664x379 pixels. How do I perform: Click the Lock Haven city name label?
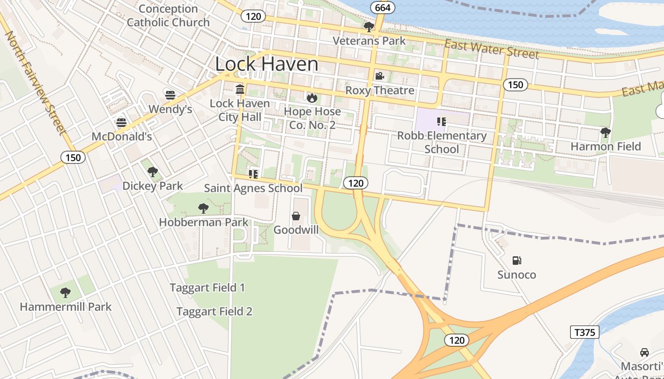pyautogui.click(x=267, y=64)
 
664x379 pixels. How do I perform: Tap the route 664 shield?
pyautogui.click(x=382, y=8)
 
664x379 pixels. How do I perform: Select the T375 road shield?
pyautogui.click(x=584, y=332)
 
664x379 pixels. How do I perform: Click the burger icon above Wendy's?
pyautogui.click(x=170, y=95)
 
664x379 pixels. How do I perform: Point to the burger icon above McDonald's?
pyautogui.click(x=121, y=123)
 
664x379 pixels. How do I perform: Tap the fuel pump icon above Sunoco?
pyautogui.click(x=516, y=260)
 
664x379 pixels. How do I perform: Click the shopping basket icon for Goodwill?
pyautogui.click(x=296, y=216)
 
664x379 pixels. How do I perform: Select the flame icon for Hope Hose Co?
pyautogui.click(x=312, y=98)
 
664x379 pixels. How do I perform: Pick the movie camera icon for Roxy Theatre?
pyautogui.click(x=379, y=76)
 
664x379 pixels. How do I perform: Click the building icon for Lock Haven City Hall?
pyautogui.click(x=240, y=89)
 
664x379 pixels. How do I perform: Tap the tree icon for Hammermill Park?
pyautogui.click(x=65, y=293)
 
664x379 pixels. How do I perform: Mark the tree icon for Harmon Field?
pyautogui.click(x=605, y=132)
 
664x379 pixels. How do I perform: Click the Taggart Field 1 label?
pyautogui.click(x=207, y=288)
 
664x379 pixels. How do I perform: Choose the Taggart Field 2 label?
pyautogui.click(x=214, y=311)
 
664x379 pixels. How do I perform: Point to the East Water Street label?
pyautogui.click(x=491, y=49)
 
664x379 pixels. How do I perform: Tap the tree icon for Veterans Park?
pyautogui.click(x=369, y=27)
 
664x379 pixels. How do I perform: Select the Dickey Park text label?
pyautogui.click(x=152, y=186)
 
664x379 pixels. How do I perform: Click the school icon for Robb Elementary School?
pyautogui.click(x=442, y=122)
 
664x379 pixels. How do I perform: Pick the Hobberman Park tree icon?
pyautogui.click(x=203, y=208)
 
